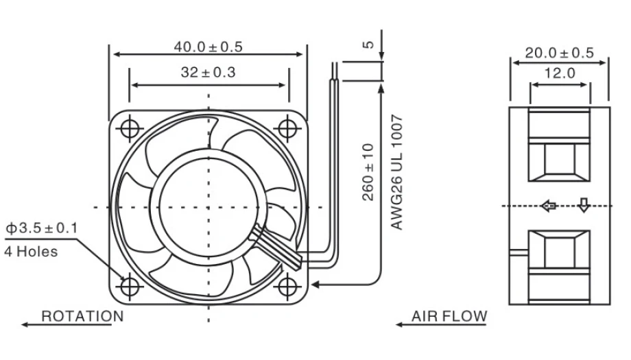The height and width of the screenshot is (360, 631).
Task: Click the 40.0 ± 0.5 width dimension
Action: [x=208, y=47]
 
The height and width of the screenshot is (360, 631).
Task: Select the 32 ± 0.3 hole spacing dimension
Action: [x=209, y=73]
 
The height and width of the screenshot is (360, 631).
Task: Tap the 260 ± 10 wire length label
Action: [x=368, y=172]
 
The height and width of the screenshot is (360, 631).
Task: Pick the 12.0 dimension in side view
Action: [x=560, y=73]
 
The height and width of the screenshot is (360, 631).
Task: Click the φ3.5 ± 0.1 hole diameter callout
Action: [x=42, y=227]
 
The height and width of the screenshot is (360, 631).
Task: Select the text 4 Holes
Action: [x=31, y=251]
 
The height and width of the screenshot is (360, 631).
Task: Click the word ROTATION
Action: [x=82, y=316]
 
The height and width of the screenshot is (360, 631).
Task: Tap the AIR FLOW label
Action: [x=449, y=316]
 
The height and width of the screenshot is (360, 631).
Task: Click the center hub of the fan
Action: [x=208, y=206]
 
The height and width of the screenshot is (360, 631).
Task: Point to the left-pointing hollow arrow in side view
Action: [x=548, y=206]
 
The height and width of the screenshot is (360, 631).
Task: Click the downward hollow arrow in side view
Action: [x=583, y=205]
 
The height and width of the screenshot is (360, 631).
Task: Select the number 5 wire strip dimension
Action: [x=368, y=45]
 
